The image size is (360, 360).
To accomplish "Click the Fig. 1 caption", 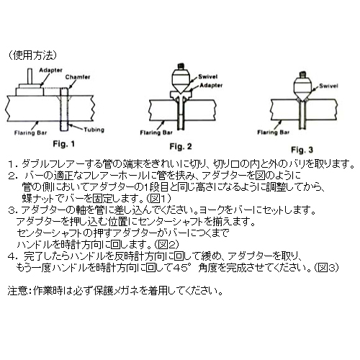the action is (x=63, y=144).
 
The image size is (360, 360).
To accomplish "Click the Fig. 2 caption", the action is (x=181, y=146).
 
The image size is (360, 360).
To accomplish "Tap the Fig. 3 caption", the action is (x=302, y=150).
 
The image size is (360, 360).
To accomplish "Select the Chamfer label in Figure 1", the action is (x=78, y=77).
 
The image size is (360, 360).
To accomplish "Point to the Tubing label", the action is (x=94, y=130).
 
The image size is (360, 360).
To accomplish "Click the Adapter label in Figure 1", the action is (x=50, y=71).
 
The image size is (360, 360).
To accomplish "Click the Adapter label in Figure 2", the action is (x=211, y=85).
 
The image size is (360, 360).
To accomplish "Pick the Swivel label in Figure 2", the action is (x=208, y=77).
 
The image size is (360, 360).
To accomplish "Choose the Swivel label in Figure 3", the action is (x=328, y=86).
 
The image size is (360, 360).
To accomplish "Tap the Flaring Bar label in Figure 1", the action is (x=30, y=132).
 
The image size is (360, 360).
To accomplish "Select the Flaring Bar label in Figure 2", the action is (x=156, y=132).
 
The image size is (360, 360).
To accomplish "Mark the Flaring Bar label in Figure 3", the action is (x=274, y=132).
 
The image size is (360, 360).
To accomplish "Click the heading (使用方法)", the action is (x=32, y=55).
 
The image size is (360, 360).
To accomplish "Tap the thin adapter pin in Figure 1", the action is (x=30, y=76).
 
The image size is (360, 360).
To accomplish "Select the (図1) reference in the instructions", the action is (x=158, y=198).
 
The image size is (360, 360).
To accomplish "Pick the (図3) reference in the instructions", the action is (x=326, y=267).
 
